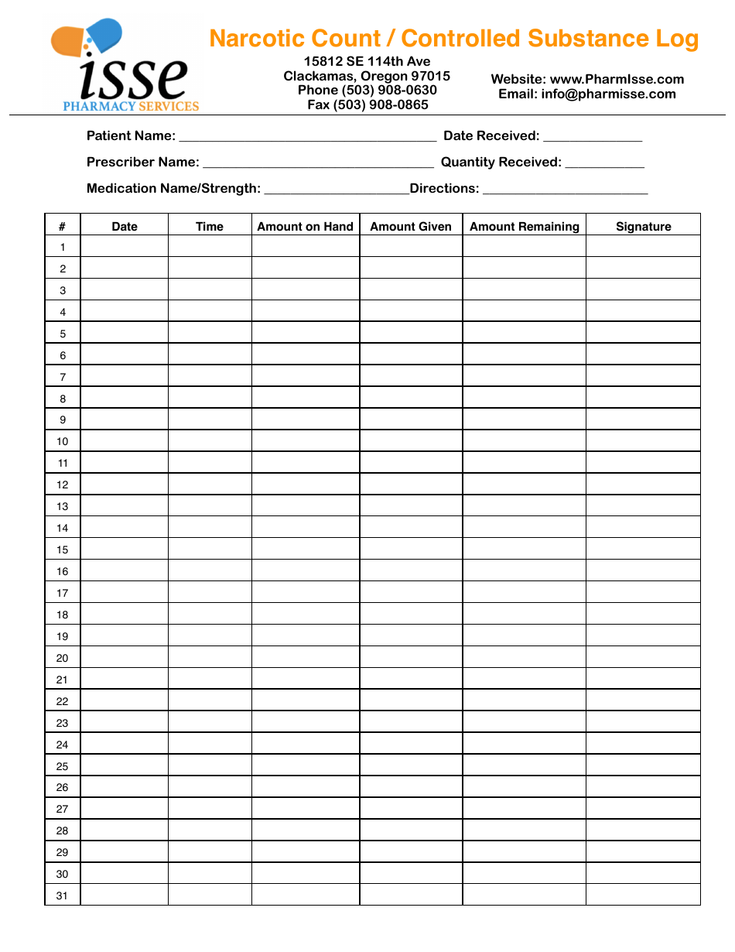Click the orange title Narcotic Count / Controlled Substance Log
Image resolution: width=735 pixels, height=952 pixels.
[x=453, y=39]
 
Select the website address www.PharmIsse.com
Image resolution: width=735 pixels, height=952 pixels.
[x=617, y=79]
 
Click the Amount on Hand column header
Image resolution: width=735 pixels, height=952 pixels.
[x=305, y=226]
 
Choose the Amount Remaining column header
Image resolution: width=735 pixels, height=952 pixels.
[x=524, y=226]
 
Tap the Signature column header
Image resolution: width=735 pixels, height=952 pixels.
[x=643, y=226]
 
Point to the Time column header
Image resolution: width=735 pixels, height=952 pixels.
[x=209, y=226]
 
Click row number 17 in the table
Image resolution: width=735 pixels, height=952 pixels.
[x=62, y=593]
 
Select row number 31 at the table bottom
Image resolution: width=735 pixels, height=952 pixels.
[x=62, y=895]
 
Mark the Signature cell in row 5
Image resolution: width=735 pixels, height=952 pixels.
[x=643, y=334]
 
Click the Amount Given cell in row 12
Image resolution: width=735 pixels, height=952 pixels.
[x=411, y=485]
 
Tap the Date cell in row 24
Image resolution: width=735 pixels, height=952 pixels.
[x=124, y=744]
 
